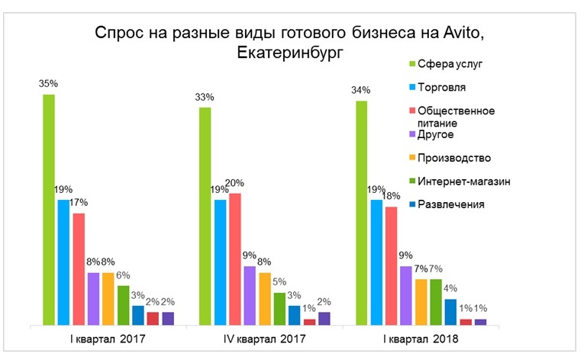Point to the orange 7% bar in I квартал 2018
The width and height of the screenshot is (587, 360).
click(421, 302)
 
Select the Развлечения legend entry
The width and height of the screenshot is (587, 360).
click(457, 204)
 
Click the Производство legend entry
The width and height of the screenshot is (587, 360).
click(460, 158)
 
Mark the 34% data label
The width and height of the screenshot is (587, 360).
click(360, 90)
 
